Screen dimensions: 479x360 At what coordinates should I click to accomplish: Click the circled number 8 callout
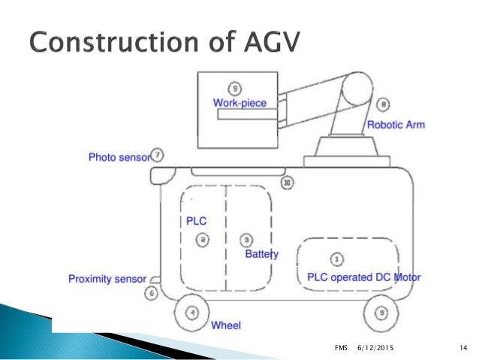click(384, 104)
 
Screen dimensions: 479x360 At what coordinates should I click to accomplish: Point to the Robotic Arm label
click(396, 125)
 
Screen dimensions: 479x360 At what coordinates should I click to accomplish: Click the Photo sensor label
click(119, 157)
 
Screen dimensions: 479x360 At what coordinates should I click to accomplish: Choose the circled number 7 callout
click(158, 156)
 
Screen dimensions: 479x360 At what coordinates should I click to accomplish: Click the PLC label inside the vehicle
click(196, 221)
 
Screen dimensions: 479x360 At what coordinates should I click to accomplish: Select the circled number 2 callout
click(202, 240)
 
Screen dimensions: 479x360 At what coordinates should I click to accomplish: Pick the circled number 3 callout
click(246, 240)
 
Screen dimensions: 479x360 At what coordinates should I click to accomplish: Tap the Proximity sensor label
click(107, 279)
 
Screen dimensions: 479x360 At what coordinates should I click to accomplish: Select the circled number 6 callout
click(152, 293)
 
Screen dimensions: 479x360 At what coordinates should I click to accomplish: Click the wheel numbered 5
click(383, 312)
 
